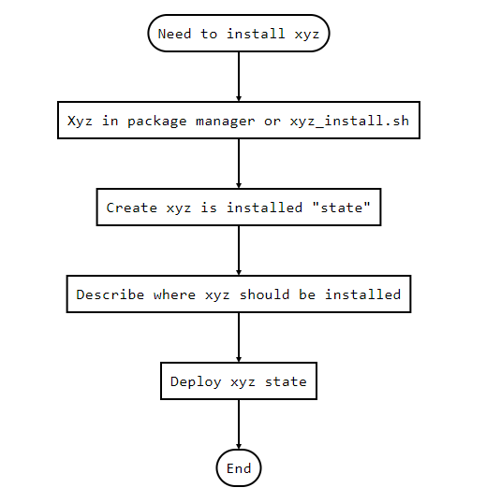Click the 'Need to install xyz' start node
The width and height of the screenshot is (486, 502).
(239, 33)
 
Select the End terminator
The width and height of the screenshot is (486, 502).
(239, 468)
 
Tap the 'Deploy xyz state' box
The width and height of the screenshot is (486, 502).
(239, 381)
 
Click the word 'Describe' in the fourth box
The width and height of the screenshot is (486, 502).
(110, 294)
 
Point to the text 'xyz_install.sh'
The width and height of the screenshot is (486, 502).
(349, 121)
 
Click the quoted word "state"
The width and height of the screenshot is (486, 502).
(341, 208)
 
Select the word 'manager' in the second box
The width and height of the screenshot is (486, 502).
(226, 122)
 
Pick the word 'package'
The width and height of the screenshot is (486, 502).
(157, 122)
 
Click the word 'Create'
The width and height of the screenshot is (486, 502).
(131, 208)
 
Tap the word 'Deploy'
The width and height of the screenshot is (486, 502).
(196, 382)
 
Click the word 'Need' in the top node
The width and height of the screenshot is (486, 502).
(174, 34)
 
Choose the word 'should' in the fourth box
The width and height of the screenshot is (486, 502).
(264, 294)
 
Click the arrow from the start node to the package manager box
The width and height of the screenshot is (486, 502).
(239, 77)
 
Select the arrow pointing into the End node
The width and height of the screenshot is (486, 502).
(239, 424)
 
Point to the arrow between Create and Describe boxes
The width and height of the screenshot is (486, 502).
(239, 251)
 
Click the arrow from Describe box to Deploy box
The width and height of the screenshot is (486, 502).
(239, 337)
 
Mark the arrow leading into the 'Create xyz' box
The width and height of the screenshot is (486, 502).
(239, 164)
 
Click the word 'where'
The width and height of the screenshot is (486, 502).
(174, 294)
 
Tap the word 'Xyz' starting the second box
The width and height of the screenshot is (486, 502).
(80, 122)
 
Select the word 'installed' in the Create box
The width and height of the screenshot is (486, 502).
(264, 208)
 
